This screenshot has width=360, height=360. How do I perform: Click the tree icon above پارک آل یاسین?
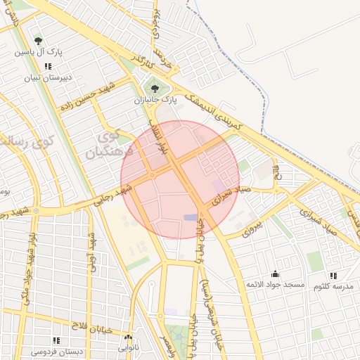[x=38, y=41]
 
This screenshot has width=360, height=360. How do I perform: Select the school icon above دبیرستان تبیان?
[x=47, y=66]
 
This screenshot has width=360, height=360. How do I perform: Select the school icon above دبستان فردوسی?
[x=56, y=340]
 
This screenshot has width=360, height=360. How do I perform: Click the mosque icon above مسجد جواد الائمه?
[x=275, y=274]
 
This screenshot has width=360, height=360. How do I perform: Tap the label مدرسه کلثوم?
[x=333, y=286]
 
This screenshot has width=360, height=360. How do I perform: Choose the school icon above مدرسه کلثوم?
[x=333, y=276]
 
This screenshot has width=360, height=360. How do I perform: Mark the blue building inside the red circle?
[x=191, y=217]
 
